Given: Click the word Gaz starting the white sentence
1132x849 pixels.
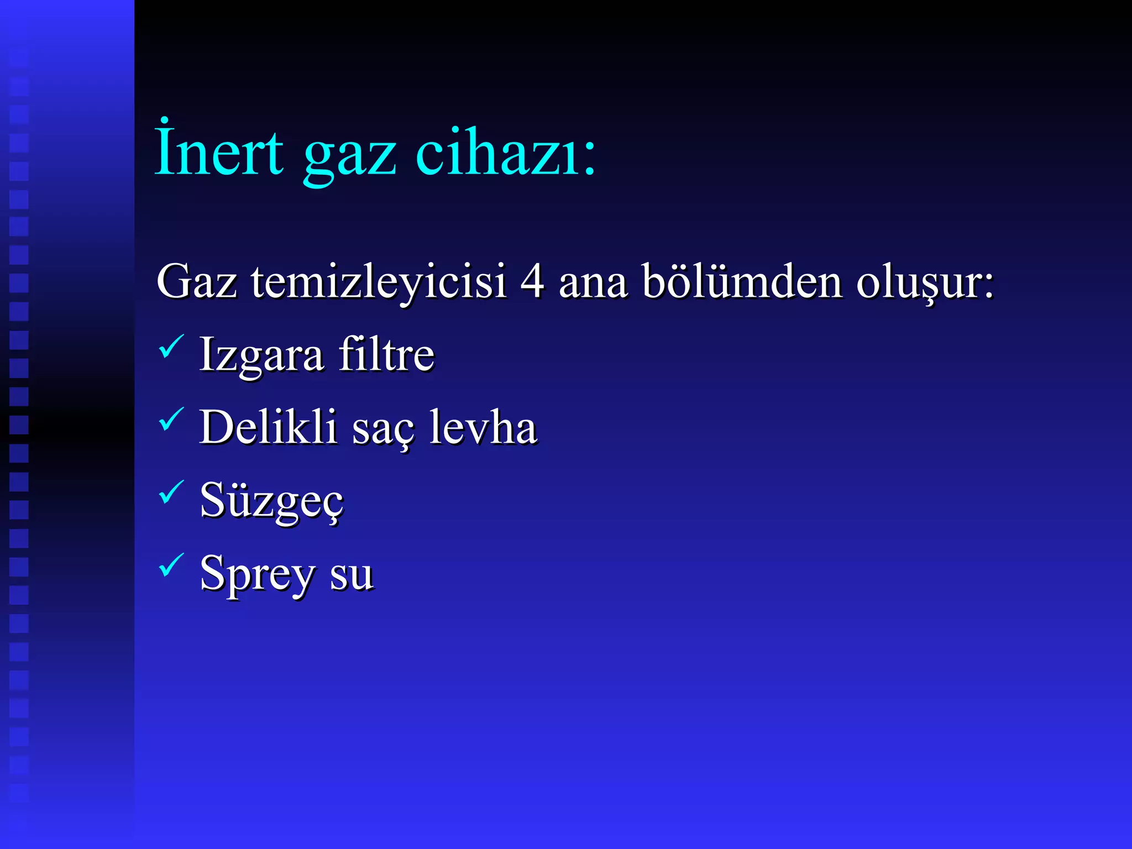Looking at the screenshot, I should coord(196,282).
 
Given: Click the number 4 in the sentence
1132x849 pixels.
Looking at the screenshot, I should coord(532,282).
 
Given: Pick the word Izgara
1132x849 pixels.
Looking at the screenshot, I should coord(261,355).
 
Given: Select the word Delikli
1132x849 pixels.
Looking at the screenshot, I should coord(268,427).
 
